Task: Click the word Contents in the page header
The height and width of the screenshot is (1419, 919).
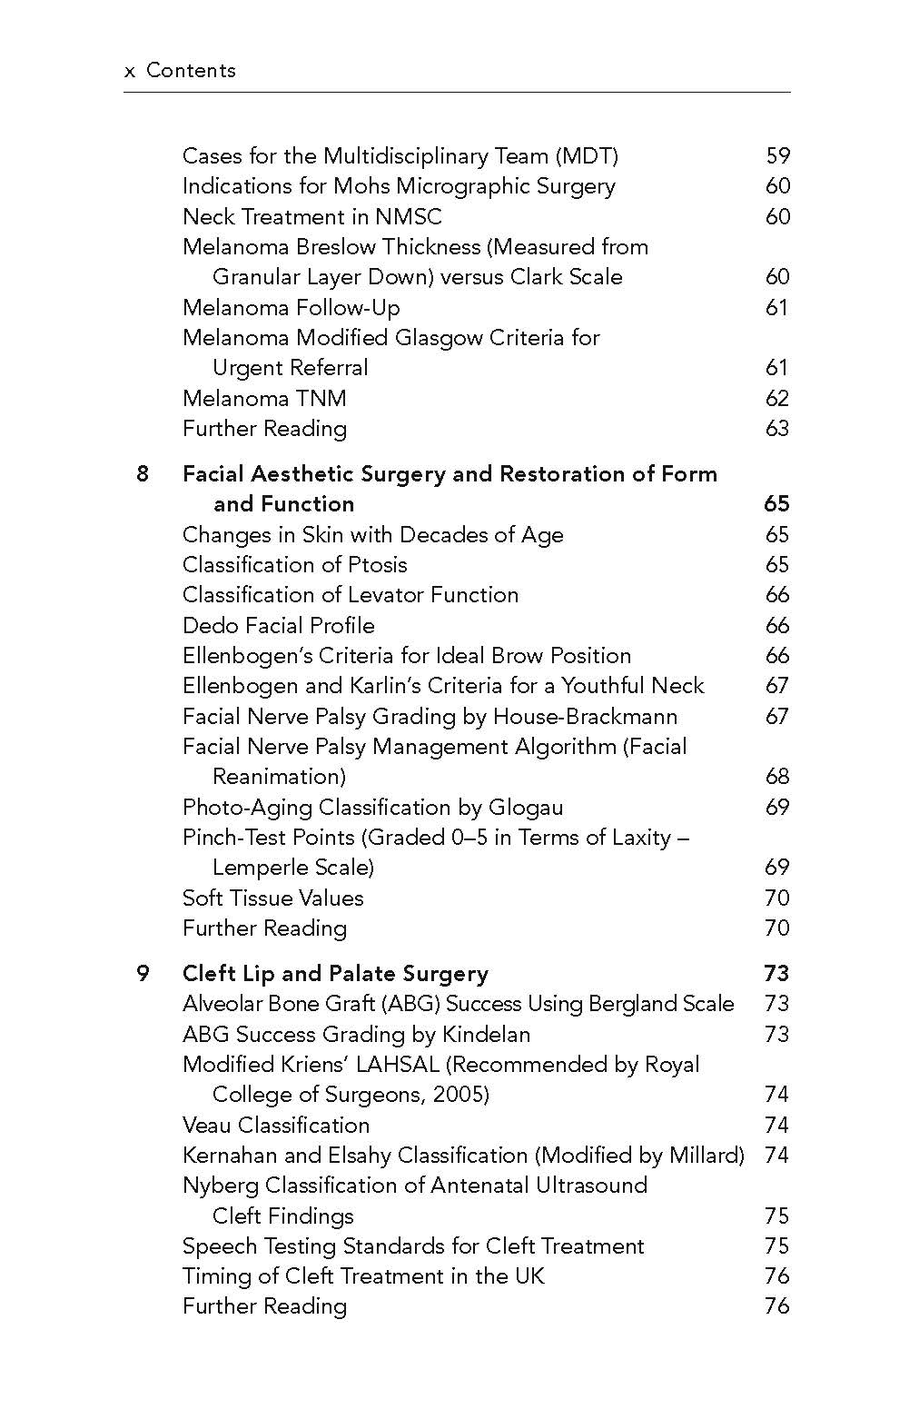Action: pyautogui.click(x=191, y=71)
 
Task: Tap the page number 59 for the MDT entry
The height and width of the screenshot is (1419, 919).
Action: pyautogui.click(x=777, y=156)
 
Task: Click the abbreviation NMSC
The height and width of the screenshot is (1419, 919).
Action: pyautogui.click(x=408, y=217)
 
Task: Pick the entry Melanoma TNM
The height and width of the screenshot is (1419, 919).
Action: pyautogui.click(x=264, y=399)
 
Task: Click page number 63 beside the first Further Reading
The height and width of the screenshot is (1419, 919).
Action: pyautogui.click(x=777, y=429)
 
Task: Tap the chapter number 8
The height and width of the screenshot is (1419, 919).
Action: pyautogui.click(x=143, y=474)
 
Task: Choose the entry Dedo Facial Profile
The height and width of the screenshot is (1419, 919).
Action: pyautogui.click(x=278, y=626)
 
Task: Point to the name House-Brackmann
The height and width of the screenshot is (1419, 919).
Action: pyautogui.click(x=585, y=717)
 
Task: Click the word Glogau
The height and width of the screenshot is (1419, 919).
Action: pyautogui.click(x=526, y=808)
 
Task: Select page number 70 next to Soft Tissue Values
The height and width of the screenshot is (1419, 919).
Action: pyautogui.click(x=777, y=898)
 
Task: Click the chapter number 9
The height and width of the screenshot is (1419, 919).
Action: pyautogui.click(x=143, y=974)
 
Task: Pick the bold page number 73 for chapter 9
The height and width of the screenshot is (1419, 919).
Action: pyautogui.click(x=776, y=974)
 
